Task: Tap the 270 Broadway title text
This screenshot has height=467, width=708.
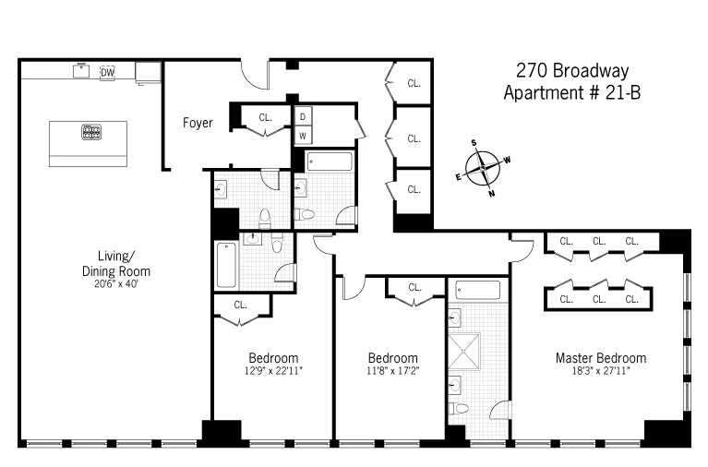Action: click(571, 71)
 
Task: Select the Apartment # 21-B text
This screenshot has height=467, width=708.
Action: click(571, 92)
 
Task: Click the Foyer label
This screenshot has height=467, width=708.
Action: click(198, 123)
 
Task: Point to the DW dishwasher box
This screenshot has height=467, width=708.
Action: click(107, 72)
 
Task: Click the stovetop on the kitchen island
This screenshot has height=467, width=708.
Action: click(91, 131)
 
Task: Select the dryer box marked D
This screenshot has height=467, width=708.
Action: click(303, 116)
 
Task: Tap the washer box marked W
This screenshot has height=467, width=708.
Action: click(303, 136)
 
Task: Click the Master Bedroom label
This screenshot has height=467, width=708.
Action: click(600, 358)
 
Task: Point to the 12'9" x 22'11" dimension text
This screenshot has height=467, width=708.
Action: click(272, 371)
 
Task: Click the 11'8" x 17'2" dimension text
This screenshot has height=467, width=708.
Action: click(392, 371)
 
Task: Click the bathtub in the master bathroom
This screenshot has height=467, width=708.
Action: click(477, 290)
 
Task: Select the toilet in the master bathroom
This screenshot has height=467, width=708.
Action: click(459, 407)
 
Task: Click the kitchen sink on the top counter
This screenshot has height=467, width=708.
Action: click(81, 70)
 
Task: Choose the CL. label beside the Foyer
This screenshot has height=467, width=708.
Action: click(266, 117)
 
